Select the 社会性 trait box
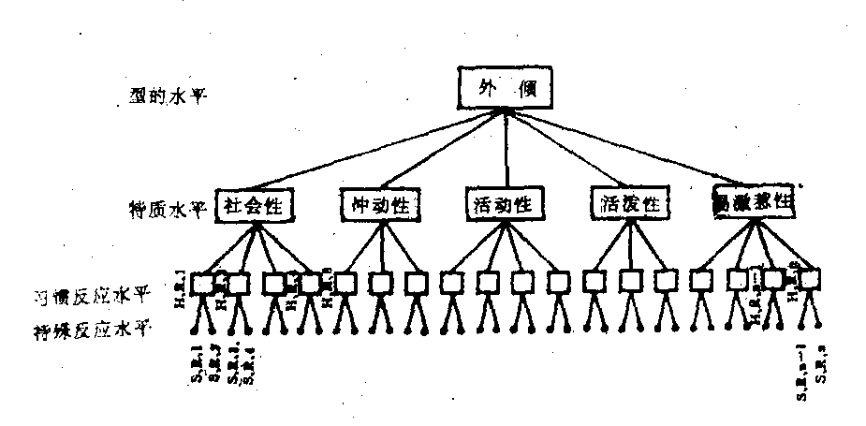point(255,205)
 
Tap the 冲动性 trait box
point(379,205)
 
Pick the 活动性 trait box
point(505,204)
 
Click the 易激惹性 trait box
point(754,203)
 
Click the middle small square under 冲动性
point(381,281)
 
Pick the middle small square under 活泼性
point(632,279)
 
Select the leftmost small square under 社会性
point(203,281)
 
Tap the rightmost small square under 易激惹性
point(810,279)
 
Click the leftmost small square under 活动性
point(451,281)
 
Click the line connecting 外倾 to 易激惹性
point(637,150)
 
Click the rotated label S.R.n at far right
point(820,365)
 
